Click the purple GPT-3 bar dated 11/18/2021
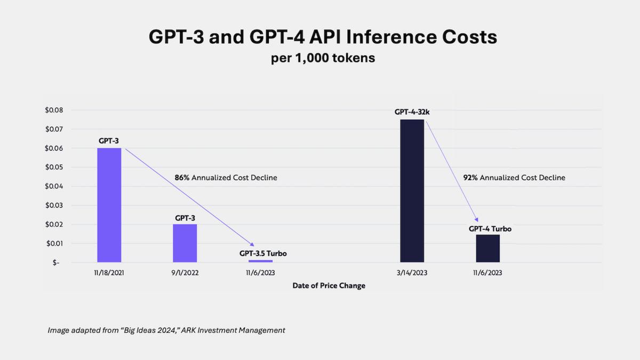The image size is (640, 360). tap(109, 205)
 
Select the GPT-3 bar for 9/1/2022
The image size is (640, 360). tap(185, 243)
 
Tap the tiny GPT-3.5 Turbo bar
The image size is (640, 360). tap(260, 261)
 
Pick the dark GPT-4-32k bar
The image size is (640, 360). tap(412, 191)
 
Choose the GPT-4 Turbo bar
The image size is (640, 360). tap(488, 249)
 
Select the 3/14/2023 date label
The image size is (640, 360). tap(412, 273)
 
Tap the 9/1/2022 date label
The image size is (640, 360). tap(185, 273)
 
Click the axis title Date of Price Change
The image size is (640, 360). tap(329, 286)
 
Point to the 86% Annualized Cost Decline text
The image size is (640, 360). tap(226, 178)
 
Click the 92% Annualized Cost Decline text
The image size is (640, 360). tap(514, 178)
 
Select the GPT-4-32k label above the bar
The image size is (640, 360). tap(412, 113)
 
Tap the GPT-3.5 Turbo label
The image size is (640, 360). tap(263, 253)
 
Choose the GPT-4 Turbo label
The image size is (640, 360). tap(490, 228)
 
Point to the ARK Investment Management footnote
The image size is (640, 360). tap(166, 330)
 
